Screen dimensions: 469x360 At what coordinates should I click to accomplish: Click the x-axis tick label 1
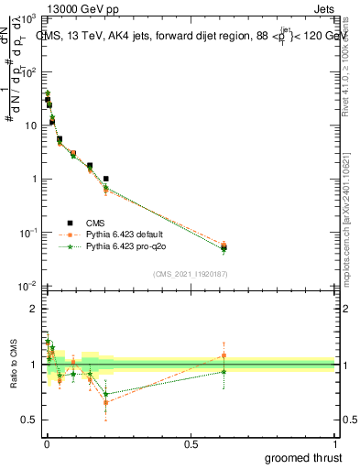(x=334, y=444)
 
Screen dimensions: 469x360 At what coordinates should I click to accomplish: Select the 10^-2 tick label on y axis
(x=27, y=285)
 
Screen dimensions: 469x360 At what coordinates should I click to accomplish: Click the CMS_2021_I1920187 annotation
(x=190, y=274)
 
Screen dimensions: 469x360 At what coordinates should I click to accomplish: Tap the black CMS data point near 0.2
(x=106, y=179)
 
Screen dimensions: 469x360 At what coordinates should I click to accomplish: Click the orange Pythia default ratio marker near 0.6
(x=224, y=355)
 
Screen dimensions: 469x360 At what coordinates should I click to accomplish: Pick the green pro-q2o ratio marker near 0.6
(x=224, y=372)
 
